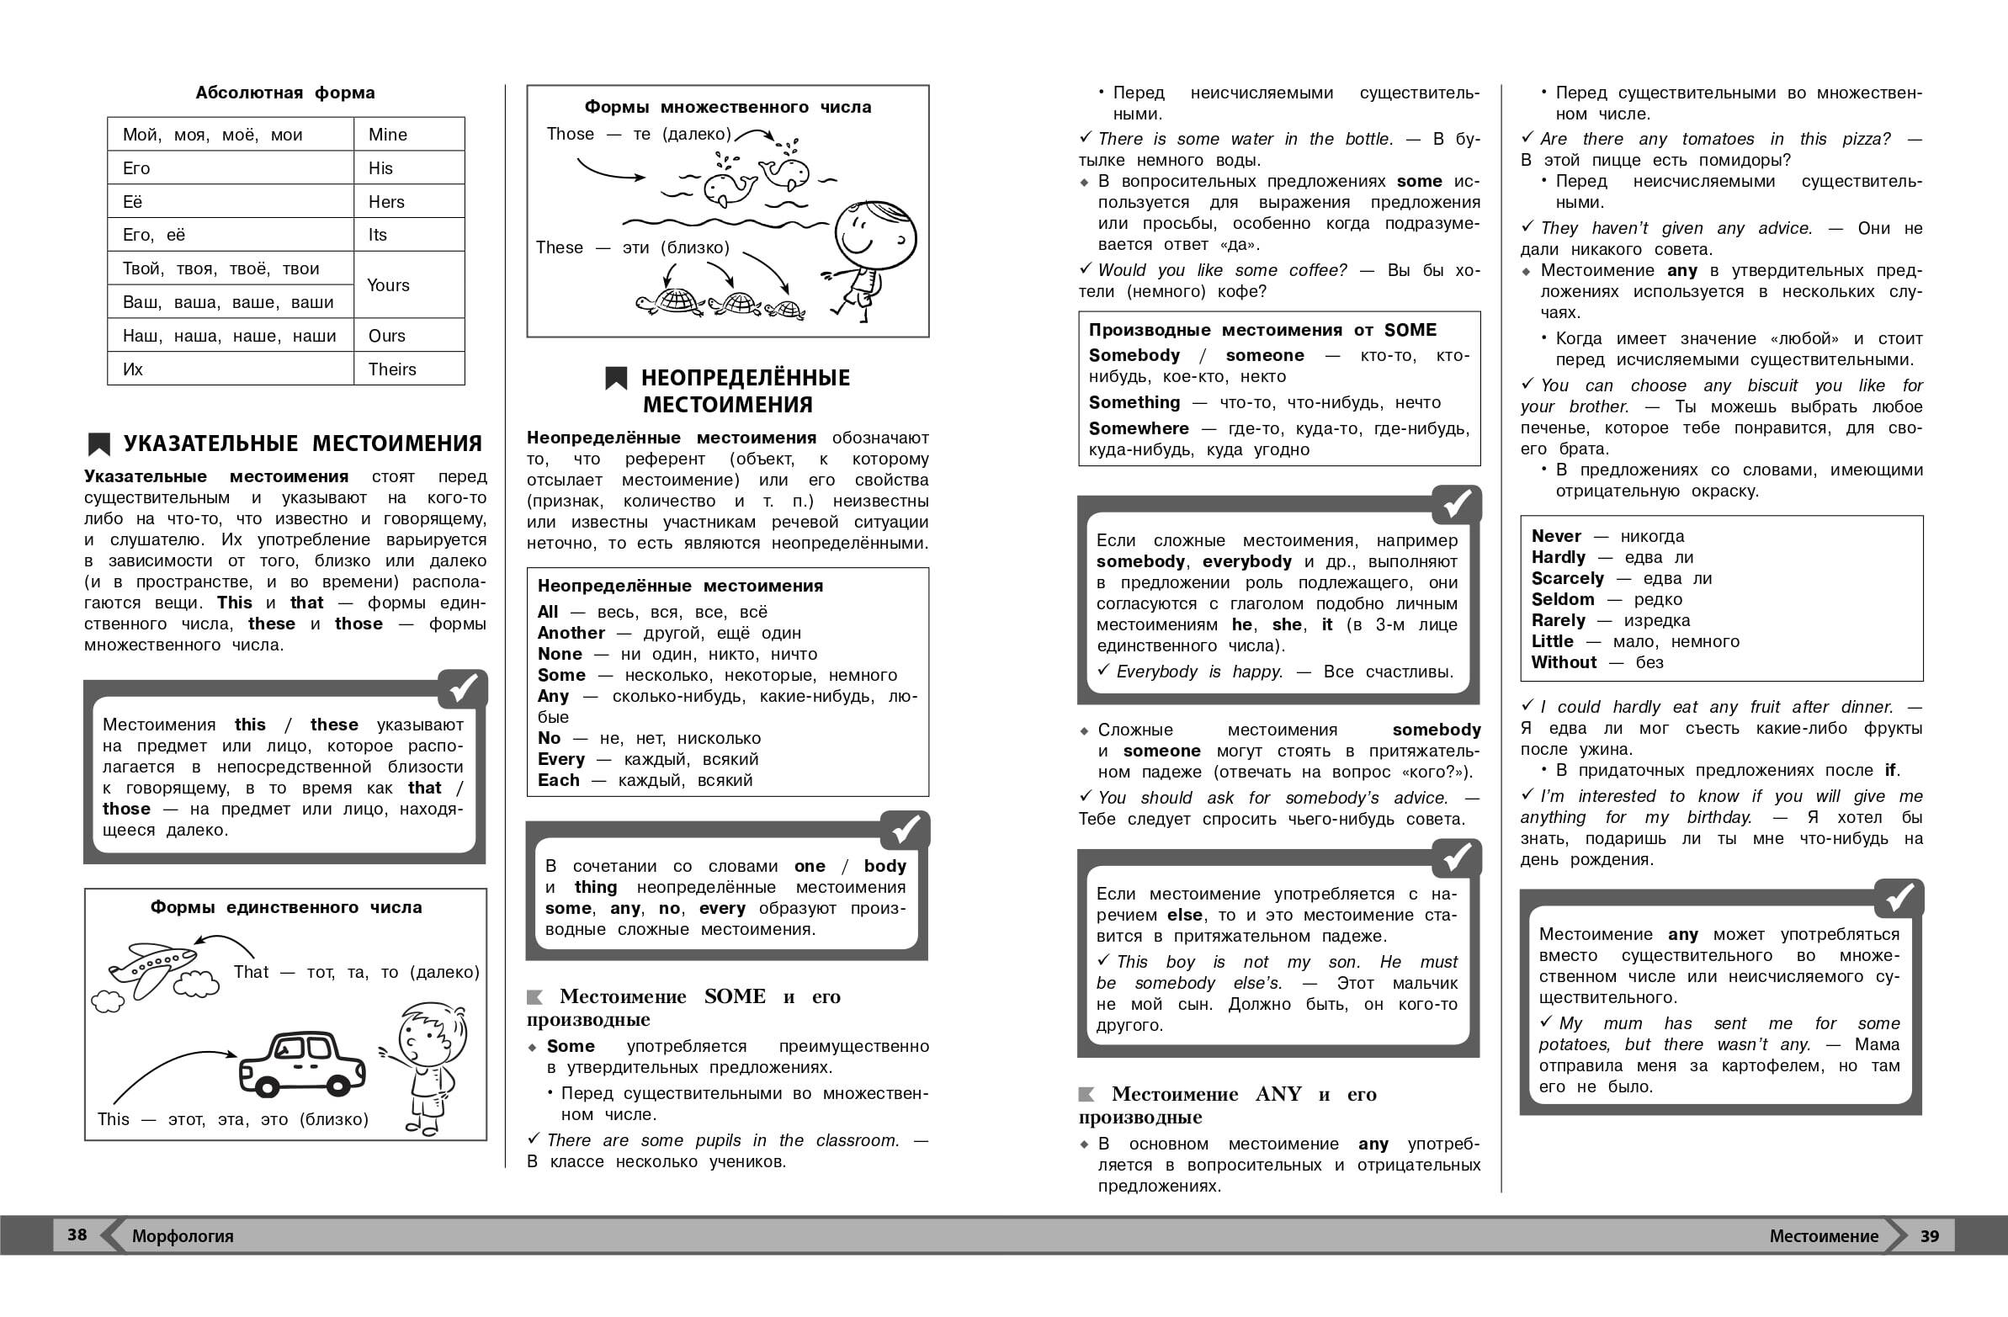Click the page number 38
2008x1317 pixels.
[x=77, y=1235]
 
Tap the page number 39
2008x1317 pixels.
[x=1930, y=1236]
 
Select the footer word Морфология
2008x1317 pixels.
[x=183, y=1237]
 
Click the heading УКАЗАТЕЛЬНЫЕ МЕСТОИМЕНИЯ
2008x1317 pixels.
[x=303, y=443]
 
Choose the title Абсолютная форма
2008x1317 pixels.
[x=285, y=93]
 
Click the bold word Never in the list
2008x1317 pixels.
[x=1556, y=537]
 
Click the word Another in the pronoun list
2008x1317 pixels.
[x=571, y=634]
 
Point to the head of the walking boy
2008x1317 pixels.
[x=875, y=234]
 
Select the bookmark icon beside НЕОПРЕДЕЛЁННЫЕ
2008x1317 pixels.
[x=616, y=378]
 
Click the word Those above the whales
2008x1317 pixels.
[x=571, y=134]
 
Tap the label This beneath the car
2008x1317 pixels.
[x=113, y=1119]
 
